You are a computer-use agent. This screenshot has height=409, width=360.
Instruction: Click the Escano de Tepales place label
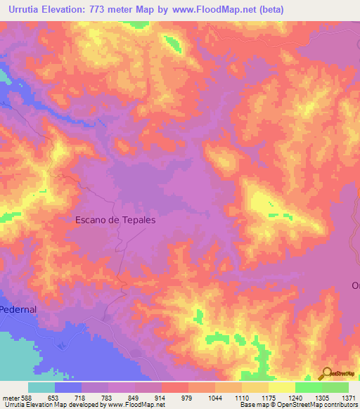(x=115, y=219)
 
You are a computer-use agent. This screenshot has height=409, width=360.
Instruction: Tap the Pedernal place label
(x=17, y=309)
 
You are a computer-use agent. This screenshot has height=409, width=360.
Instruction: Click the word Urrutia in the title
(x=24, y=8)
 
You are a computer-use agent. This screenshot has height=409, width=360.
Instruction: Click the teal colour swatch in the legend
(x=41, y=387)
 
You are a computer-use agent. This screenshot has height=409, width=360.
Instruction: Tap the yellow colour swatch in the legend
(x=281, y=387)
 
